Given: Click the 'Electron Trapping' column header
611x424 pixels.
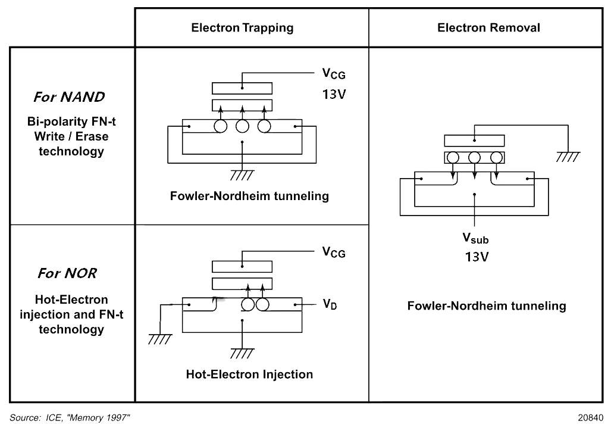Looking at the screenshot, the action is [x=242, y=28].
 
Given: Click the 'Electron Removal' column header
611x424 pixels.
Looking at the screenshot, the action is [x=488, y=28].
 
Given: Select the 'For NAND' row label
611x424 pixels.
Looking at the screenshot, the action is [x=69, y=96].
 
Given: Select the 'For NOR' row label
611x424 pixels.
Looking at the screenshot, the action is [x=67, y=273].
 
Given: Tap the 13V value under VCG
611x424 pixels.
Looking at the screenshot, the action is [x=334, y=94].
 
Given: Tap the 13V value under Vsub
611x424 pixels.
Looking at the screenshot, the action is [x=477, y=257].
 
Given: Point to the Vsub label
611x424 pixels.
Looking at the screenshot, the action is [x=475, y=238].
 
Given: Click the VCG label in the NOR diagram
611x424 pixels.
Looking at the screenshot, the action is [x=334, y=252].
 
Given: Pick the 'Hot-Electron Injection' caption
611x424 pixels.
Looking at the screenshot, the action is [x=249, y=374].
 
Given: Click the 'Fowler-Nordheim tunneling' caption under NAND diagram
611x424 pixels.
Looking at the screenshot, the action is [x=249, y=196].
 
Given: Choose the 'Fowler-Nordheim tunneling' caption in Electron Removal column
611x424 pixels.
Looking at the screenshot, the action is [x=487, y=305].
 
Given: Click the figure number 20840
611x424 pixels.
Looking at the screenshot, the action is [x=591, y=417].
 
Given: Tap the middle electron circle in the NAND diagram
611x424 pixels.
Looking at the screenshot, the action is [x=242, y=126].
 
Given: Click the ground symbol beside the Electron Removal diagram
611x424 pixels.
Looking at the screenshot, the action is [x=568, y=157].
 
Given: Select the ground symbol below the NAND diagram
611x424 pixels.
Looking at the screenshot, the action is [x=242, y=175].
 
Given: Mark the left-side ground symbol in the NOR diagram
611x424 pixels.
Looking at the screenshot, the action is [x=160, y=339].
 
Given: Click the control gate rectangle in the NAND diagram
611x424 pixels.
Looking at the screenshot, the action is [x=242, y=88].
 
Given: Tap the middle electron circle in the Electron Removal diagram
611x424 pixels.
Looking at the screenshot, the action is [x=474, y=158].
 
